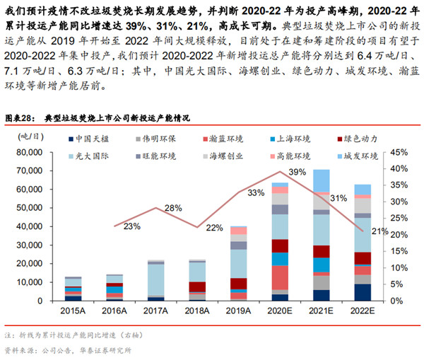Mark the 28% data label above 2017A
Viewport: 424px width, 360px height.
coord(172,208)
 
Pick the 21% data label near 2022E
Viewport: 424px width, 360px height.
coord(379,231)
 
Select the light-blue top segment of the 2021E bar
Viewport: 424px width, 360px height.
coord(321,180)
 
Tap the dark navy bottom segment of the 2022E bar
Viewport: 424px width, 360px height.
coord(362,293)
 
